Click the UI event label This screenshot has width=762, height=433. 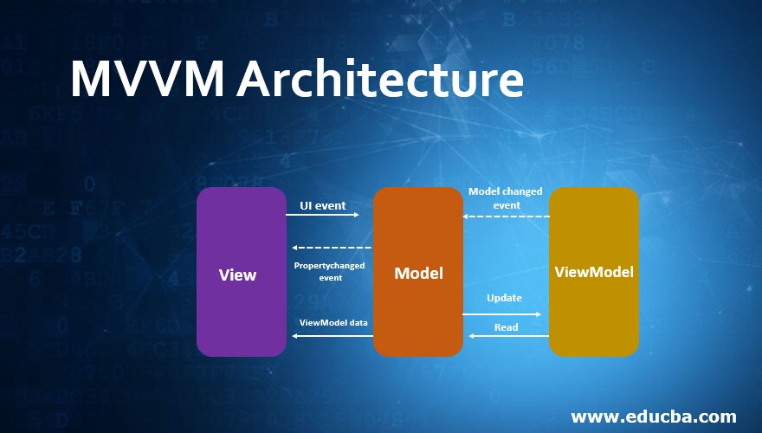[322, 205]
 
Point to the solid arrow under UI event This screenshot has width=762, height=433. [322, 215]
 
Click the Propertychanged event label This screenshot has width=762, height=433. [329, 271]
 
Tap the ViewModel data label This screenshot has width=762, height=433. [333, 322]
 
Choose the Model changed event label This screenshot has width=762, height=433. [506, 197]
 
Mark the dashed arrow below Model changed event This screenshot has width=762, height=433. [506, 216]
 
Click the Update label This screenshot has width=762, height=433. [504, 298]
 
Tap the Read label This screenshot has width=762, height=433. [506, 327]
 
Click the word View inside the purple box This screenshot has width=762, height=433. [237, 275]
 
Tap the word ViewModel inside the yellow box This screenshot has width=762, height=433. [594, 272]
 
